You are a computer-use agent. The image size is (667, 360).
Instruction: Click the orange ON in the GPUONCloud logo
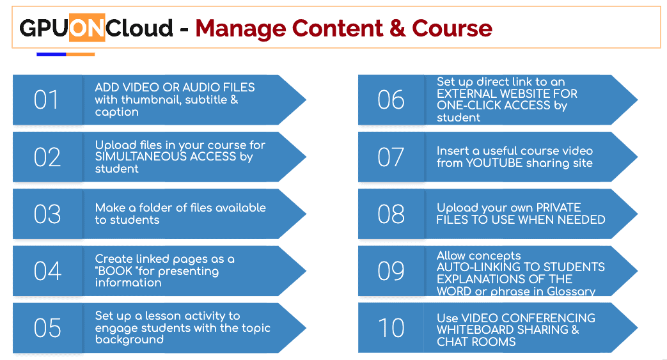[87, 27]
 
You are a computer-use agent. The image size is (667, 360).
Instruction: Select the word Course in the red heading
[451, 29]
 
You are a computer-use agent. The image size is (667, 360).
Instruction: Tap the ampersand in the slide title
[397, 29]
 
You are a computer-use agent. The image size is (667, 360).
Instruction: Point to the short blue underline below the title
[51, 54]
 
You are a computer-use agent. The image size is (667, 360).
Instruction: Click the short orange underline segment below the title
[81, 54]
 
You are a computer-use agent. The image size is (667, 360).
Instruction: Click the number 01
[46, 100]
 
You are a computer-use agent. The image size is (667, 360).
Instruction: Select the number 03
[47, 214]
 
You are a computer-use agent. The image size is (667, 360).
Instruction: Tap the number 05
[47, 328]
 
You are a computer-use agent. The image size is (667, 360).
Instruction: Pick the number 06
[391, 100]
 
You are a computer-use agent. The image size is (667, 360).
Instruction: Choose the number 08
[391, 214]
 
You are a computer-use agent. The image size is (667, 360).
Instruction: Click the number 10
[391, 328]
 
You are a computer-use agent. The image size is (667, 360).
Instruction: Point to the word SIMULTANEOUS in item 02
[141, 157]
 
